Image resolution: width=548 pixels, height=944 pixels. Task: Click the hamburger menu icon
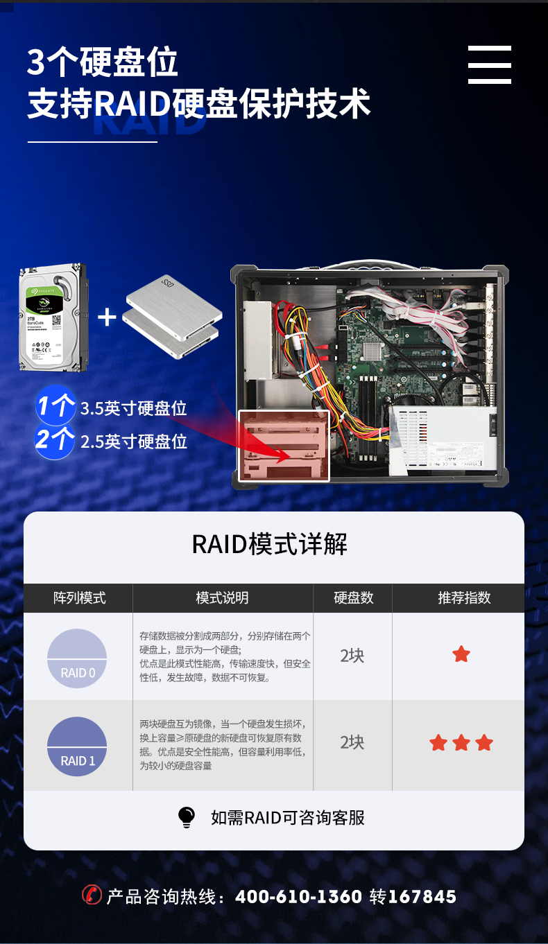click(489, 65)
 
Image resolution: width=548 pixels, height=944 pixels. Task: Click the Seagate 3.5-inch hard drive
click(52, 317)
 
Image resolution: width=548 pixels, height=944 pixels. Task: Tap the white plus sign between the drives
click(107, 317)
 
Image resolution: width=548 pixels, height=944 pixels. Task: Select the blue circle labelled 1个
click(55, 405)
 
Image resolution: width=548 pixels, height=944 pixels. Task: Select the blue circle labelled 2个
click(55, 439)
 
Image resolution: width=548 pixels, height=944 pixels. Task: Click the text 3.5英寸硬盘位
click(134, 408)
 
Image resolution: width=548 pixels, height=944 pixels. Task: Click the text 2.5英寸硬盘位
click(134, 442)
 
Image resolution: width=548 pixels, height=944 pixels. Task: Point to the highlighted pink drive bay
click(284, 446)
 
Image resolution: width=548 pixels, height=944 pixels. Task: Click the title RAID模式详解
click(269, 545)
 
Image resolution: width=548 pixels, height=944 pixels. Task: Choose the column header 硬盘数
click(353, 598)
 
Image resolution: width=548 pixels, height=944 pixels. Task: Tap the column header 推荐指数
click(464, 598)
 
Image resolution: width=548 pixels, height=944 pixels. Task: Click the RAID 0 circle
click(77, 658)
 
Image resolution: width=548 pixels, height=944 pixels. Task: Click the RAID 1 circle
click(77, 746)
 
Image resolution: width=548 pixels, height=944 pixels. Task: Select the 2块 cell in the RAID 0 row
click(352, 656)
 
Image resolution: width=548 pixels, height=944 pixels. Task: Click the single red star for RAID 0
click(461, 654)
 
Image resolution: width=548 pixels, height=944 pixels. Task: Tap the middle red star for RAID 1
click(461, 743)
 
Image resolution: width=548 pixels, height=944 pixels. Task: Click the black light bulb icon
click(187, 817)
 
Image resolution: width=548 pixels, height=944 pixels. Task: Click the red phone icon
click(92, 895)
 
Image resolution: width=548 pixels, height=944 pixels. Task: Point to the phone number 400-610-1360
click(298, 897)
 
